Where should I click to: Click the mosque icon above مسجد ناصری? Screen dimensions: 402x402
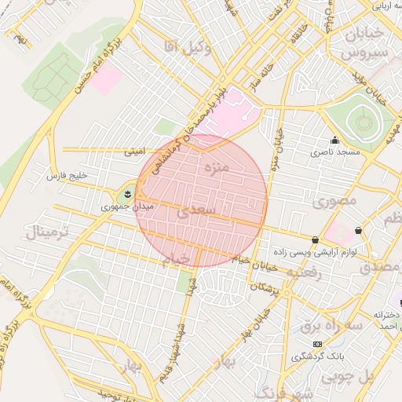[x=335, y=141]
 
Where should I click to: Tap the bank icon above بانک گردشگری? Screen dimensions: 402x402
[x=317, y=344]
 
